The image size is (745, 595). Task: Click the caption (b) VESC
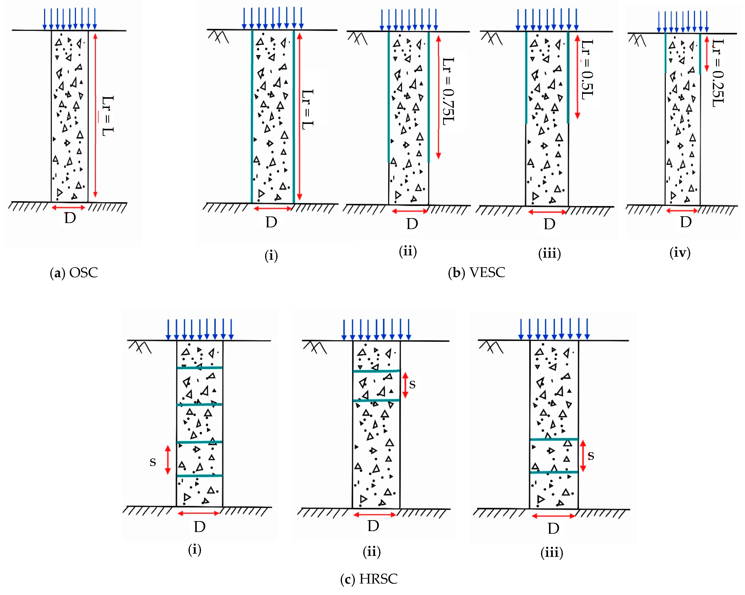coord(476,273)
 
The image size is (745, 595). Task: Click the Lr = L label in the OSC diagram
coord(107,116)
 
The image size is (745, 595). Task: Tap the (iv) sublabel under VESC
coord(680,253)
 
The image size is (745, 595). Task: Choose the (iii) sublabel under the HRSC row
coord(552,552)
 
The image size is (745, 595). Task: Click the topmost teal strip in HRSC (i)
coord(200,368)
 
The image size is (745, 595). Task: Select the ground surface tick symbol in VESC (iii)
coord(491,38)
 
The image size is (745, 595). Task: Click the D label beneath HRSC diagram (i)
coord(200,527)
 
